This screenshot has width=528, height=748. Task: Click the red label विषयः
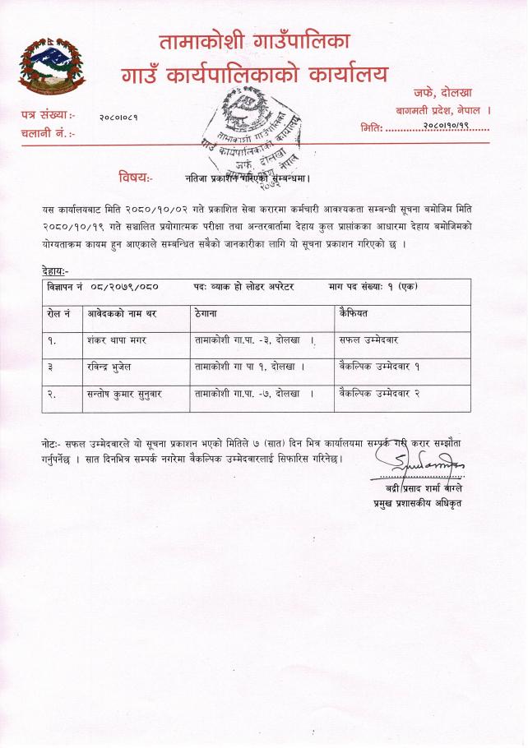coord(133,176)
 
